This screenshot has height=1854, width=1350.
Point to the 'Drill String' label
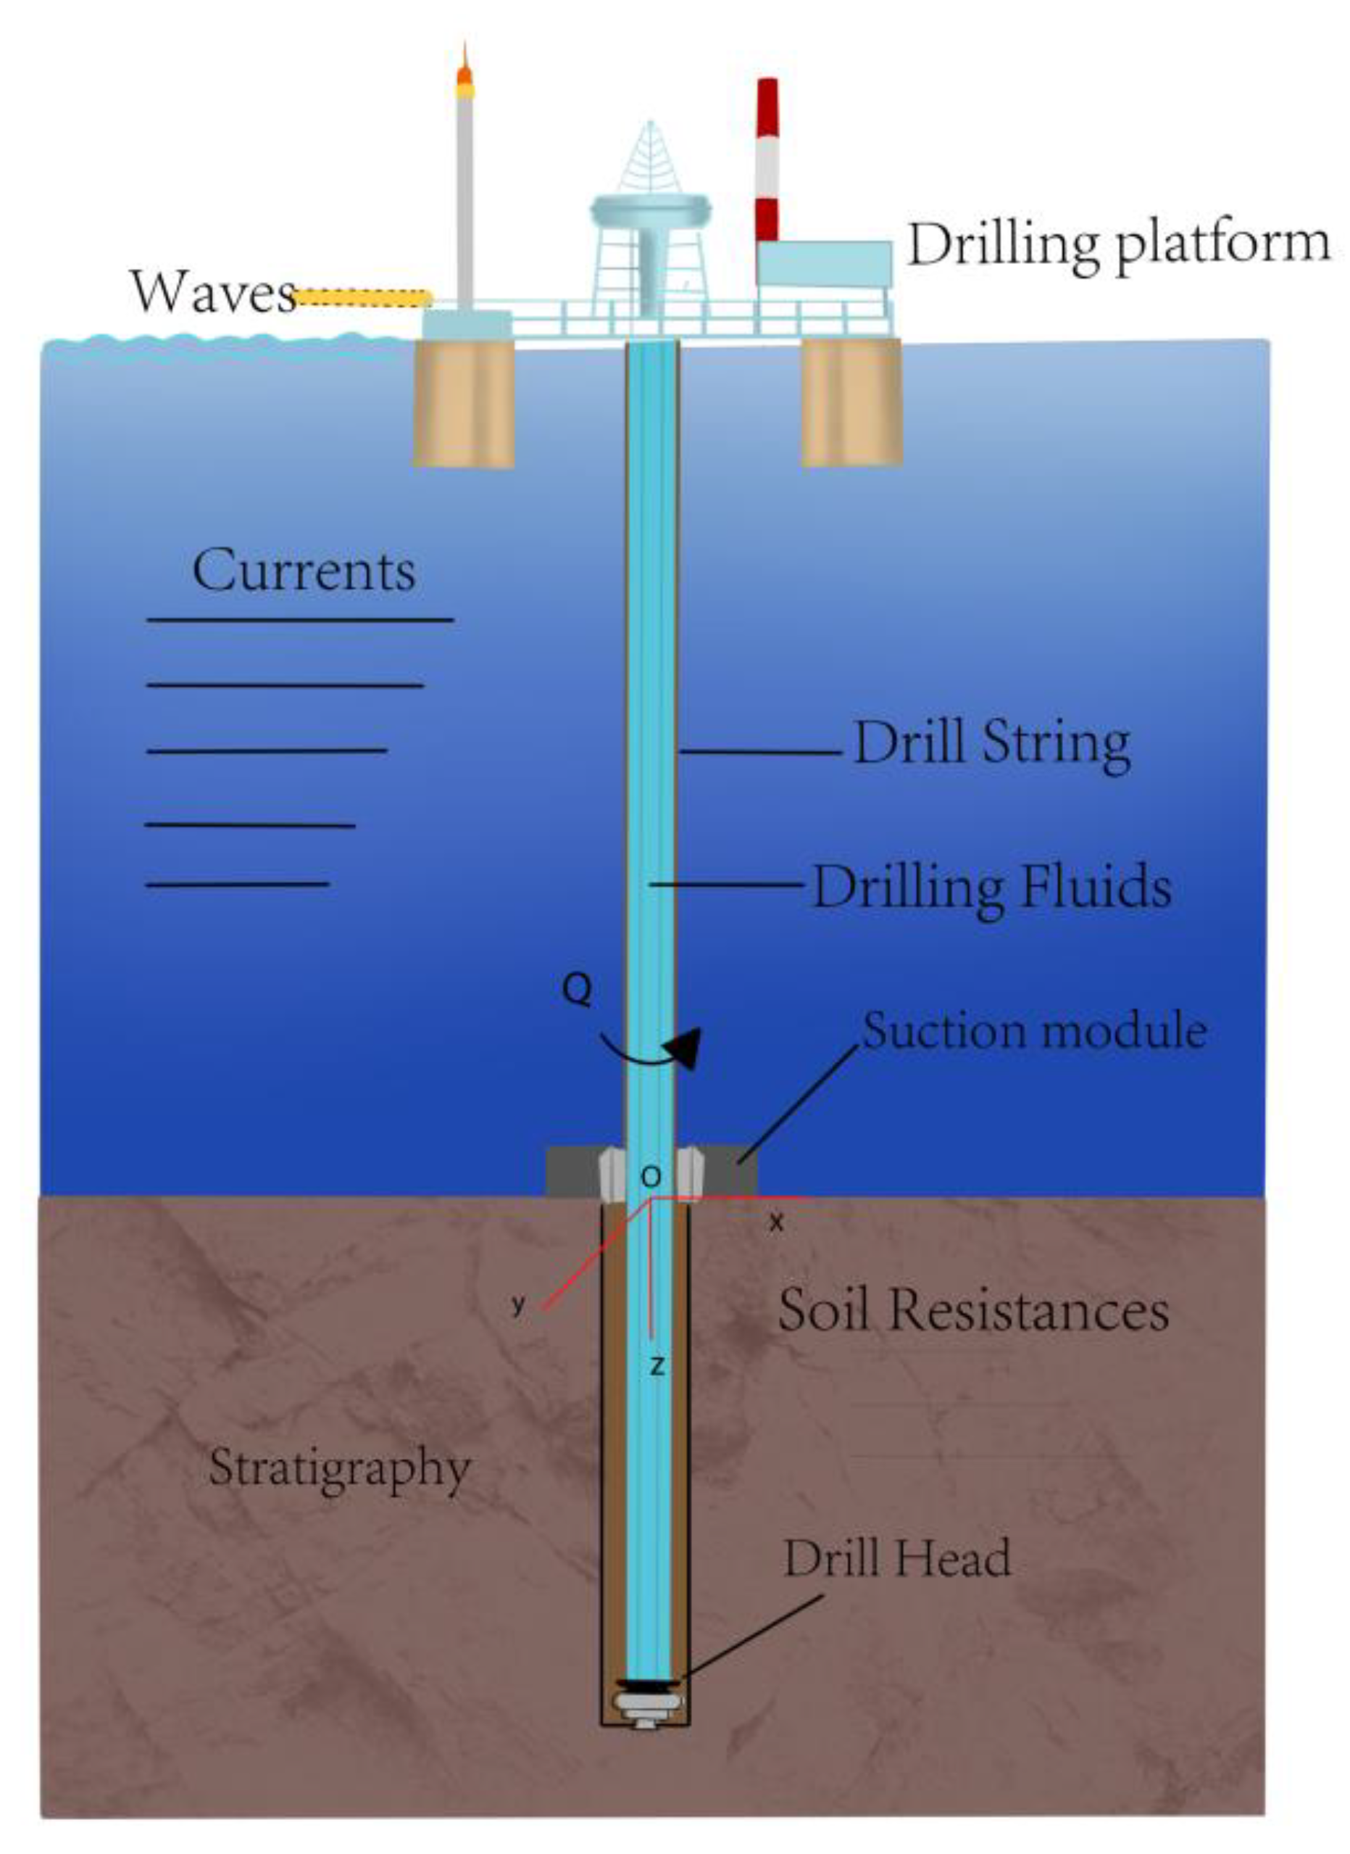click(x=991, y=744)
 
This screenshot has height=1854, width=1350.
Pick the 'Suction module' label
click(x=1035, y=1031)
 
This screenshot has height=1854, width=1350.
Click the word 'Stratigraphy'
click(x=340, y=1468)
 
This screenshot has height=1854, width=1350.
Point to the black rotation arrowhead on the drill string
click(x=683, y=1047)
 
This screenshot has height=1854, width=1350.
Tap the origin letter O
click(x=651, y=1177)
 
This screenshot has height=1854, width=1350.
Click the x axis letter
click(x=776, y=1223)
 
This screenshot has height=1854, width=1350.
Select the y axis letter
click(x=518, y=1304)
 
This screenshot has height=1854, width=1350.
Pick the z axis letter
click(x=657, y=1366)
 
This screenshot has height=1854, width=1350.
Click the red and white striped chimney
click(x=767, y=160)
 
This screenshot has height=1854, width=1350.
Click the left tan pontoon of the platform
click(x=463, y=403)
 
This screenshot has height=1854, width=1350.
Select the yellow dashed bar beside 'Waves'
click(x=364, y=299)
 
